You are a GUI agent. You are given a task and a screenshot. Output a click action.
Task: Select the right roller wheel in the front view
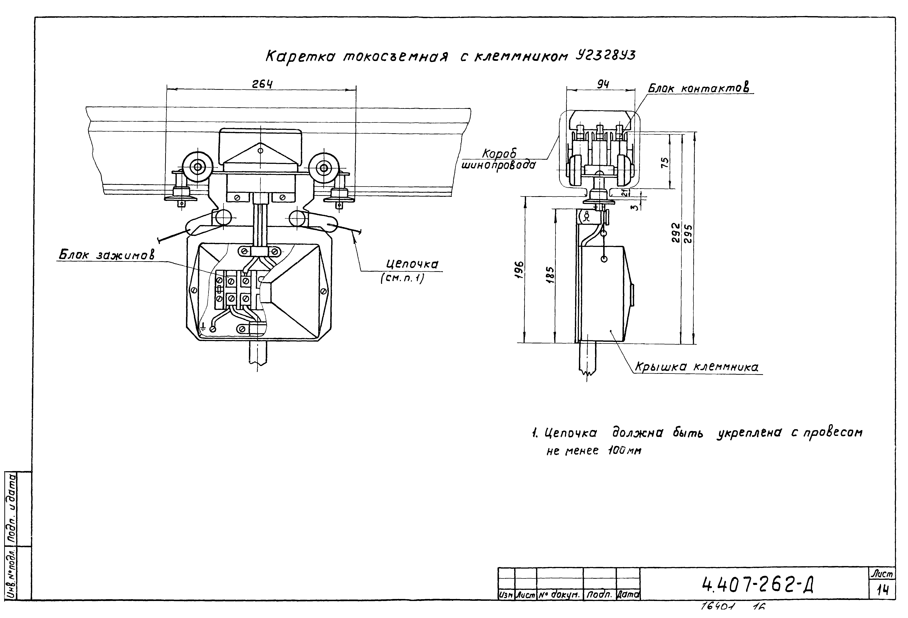pyautogui.click(x=323, y=169)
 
